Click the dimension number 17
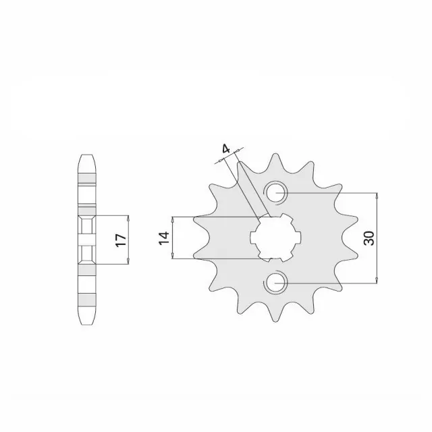(x=122, y=240)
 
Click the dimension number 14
(x=164, y=238)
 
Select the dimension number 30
(x=369, y=238)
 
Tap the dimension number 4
(x=225, y=149)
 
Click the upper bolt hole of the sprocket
(x=275, y=193)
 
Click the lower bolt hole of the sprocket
(x=275, y=283)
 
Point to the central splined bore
(x=275, y=238)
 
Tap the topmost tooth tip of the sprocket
(x=275, y=154)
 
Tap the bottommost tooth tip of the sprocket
(x=275, y=322)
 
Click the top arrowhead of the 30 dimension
(x=377, y=195)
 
